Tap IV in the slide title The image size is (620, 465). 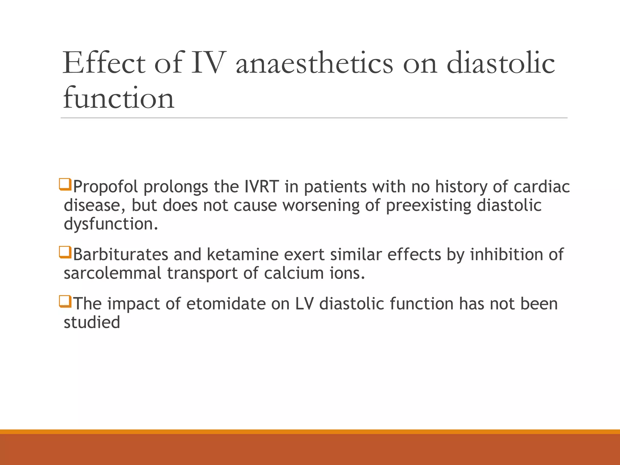209,63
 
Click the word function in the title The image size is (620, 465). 118,98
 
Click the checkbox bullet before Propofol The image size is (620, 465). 65,184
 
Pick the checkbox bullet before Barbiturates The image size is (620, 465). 65,252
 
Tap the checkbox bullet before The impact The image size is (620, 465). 65,302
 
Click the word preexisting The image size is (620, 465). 428,206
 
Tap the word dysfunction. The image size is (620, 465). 111,224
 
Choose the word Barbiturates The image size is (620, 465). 120,254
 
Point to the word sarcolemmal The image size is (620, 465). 112,273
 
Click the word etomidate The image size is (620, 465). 226,304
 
